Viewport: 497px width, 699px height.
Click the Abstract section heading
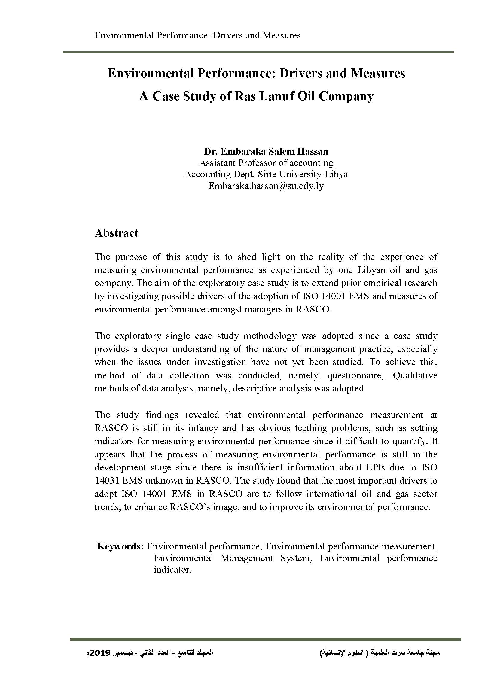[x=116, y=233]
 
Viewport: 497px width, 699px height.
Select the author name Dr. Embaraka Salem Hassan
[x=266, y=152]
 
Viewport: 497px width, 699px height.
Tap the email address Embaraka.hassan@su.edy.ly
[x=266, y=186]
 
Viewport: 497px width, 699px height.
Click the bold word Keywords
[x=120, y=546]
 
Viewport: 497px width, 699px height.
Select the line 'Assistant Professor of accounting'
[x=266, y=163]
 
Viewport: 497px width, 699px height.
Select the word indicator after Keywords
[x=172, y=570]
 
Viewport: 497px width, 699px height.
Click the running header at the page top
[x=197, y=36]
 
